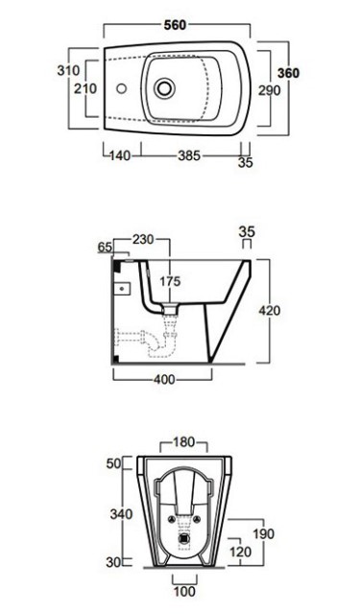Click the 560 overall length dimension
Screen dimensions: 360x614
(175, 25)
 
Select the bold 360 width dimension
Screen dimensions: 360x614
(288, 73)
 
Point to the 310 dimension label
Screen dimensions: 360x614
(68, 70)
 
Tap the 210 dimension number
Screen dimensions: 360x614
(85, 88)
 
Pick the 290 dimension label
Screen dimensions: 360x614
(270, 90)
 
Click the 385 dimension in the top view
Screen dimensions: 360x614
(189, 155)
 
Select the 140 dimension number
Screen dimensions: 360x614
(119, 155)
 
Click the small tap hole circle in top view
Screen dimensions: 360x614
(121, 88)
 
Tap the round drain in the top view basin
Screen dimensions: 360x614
(164, 88)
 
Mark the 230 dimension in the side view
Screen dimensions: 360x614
(143, 239)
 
